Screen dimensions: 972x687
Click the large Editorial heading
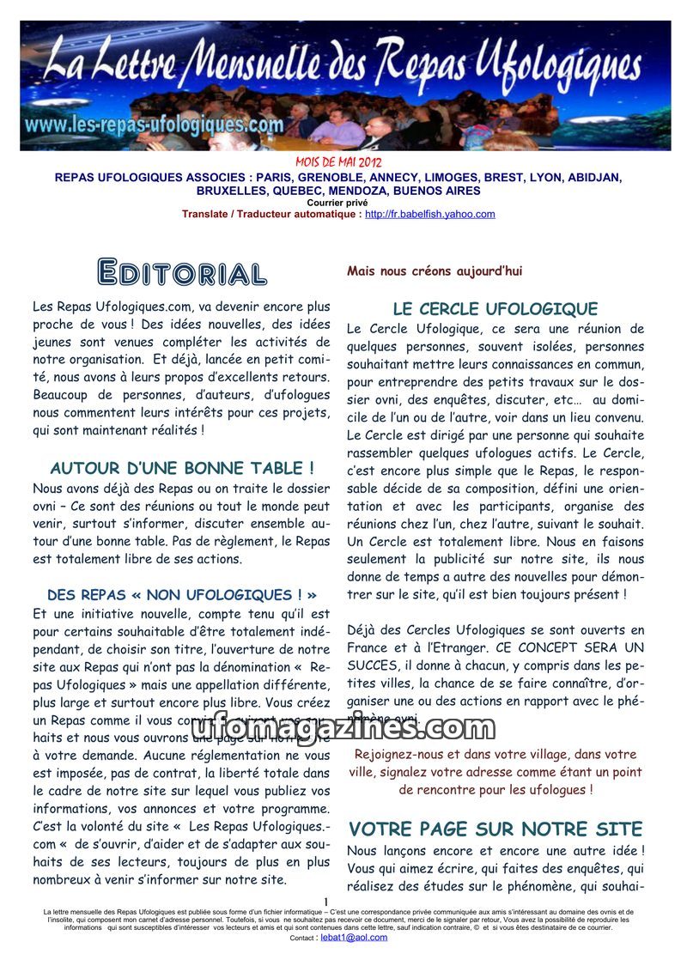[182, 272]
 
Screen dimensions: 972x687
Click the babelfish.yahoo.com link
[429, 215]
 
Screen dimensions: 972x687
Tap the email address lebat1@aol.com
[354, 938]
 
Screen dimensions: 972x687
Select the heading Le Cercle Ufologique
[495, 309]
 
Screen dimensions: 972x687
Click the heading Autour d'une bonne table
[182, 469]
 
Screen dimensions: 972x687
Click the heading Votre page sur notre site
[495, 829]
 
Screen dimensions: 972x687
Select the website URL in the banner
[155, 124]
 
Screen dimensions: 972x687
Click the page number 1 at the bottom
[327, 901]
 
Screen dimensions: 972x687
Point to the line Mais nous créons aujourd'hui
[434, 271]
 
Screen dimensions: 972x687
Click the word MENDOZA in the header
[386, 191]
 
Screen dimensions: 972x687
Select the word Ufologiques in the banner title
[559, 69]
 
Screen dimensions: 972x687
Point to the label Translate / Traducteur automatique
[271, 215]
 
